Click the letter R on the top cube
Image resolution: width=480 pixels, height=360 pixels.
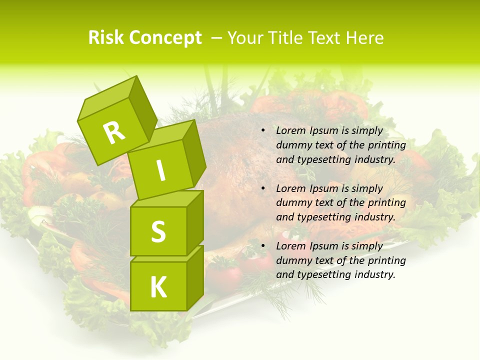click(x=114, y=132)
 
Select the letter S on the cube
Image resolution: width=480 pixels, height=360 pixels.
click(x=158, y=231)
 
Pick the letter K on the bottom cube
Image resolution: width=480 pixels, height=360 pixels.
click(x=158, y=287)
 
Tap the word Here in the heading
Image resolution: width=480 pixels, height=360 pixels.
click(x=364, y=38)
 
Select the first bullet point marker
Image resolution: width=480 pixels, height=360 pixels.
click(x=263, y=131)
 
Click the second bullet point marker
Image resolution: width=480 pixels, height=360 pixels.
click(x=263, y=189)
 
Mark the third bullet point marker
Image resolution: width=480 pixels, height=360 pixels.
click(x=263, y=246)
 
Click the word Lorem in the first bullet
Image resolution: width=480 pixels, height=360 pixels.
click(x=290, y=131)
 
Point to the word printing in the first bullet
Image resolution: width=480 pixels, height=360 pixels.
click(x=387, y=145)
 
